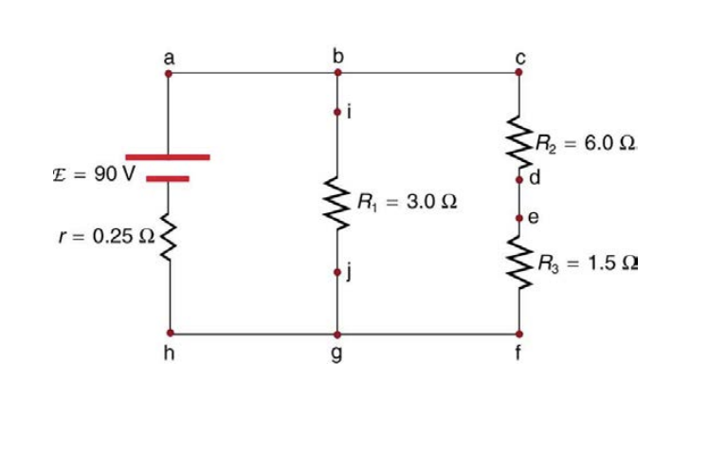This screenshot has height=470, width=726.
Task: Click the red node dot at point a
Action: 169,71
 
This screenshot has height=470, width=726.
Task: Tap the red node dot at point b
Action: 336,71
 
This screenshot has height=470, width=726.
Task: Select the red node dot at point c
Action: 518,71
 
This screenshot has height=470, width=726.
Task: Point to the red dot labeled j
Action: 336,272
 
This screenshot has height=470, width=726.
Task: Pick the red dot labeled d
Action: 518,178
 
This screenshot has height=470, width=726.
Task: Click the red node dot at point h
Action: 170,334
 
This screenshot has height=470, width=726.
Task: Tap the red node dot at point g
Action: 336,334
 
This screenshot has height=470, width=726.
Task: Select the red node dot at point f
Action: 518,334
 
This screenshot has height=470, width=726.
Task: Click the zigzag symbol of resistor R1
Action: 336,202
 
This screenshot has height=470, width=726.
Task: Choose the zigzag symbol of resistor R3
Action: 518,259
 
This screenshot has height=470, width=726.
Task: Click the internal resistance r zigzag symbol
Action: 170,239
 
